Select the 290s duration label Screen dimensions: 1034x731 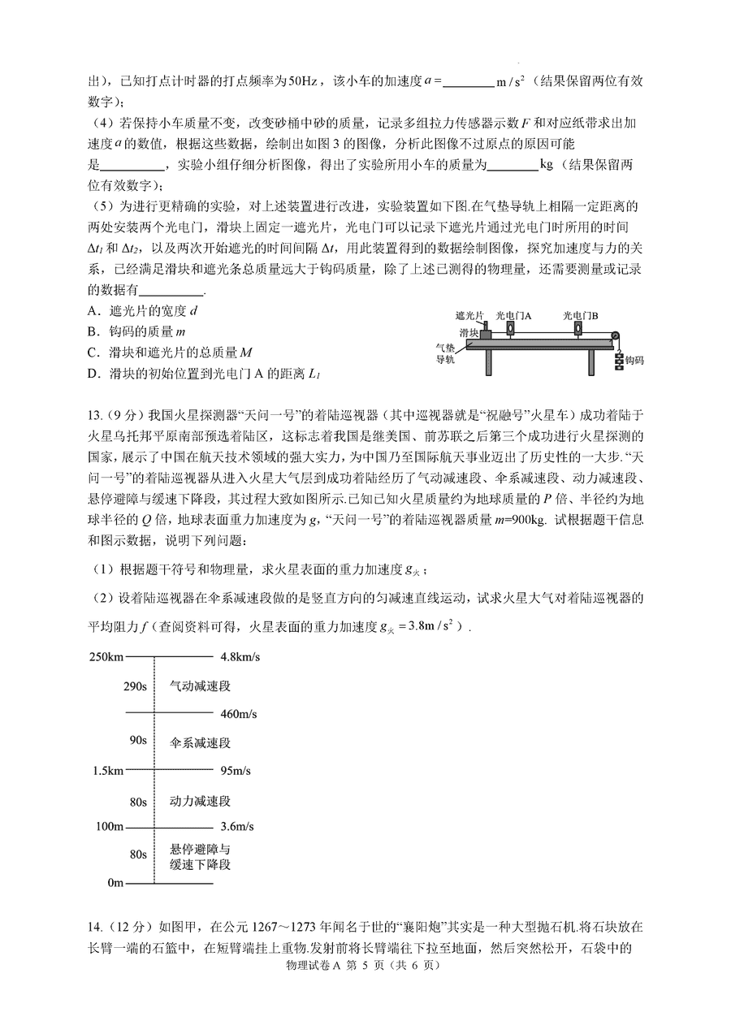point(135,686)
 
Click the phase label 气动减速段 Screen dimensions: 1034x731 point(200,686)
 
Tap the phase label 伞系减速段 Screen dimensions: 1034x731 point(200,742)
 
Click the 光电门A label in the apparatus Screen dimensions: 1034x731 point(513,314)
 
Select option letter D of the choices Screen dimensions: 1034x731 point(92,374)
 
